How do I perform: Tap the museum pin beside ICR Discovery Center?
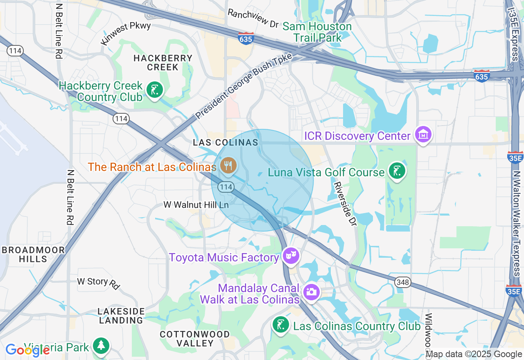click(423, 134)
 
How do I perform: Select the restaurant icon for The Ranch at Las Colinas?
click(228, 166)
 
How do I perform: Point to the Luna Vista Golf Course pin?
click(396, 171)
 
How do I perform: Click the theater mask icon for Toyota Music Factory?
click(291, 256)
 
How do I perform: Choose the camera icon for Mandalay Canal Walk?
click(312, 292)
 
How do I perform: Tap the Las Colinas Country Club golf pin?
click(280, 325)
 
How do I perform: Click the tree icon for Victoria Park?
click(100, 346)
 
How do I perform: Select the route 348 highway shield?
click(402, 282)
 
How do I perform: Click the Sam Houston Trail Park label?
click(317, 32)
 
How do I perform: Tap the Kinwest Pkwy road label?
click(126, 33)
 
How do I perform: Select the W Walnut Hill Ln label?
click(196, 205)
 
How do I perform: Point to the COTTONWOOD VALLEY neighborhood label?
click(195, 339)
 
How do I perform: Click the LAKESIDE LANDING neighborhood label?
click(121, 316)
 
